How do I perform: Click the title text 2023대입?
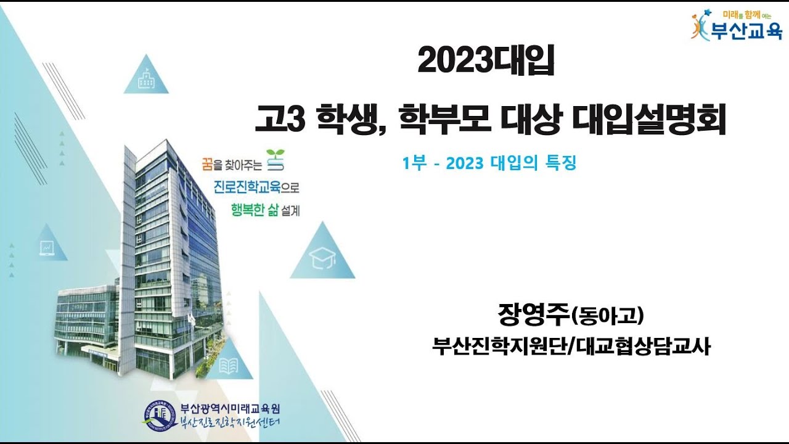486,60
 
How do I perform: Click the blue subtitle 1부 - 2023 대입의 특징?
489,163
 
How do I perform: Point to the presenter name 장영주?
534,314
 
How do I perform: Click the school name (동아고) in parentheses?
607,316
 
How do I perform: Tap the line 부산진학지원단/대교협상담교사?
571,347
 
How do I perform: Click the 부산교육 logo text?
746,31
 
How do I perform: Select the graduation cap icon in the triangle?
322,258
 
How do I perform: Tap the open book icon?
229,366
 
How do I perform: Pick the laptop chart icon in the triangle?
47,248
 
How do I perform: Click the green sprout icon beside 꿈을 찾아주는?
276,160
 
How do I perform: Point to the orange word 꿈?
208,164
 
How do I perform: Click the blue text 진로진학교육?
247,187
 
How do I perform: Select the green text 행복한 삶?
255,210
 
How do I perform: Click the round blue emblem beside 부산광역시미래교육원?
158,416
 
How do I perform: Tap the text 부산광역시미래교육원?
230,409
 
